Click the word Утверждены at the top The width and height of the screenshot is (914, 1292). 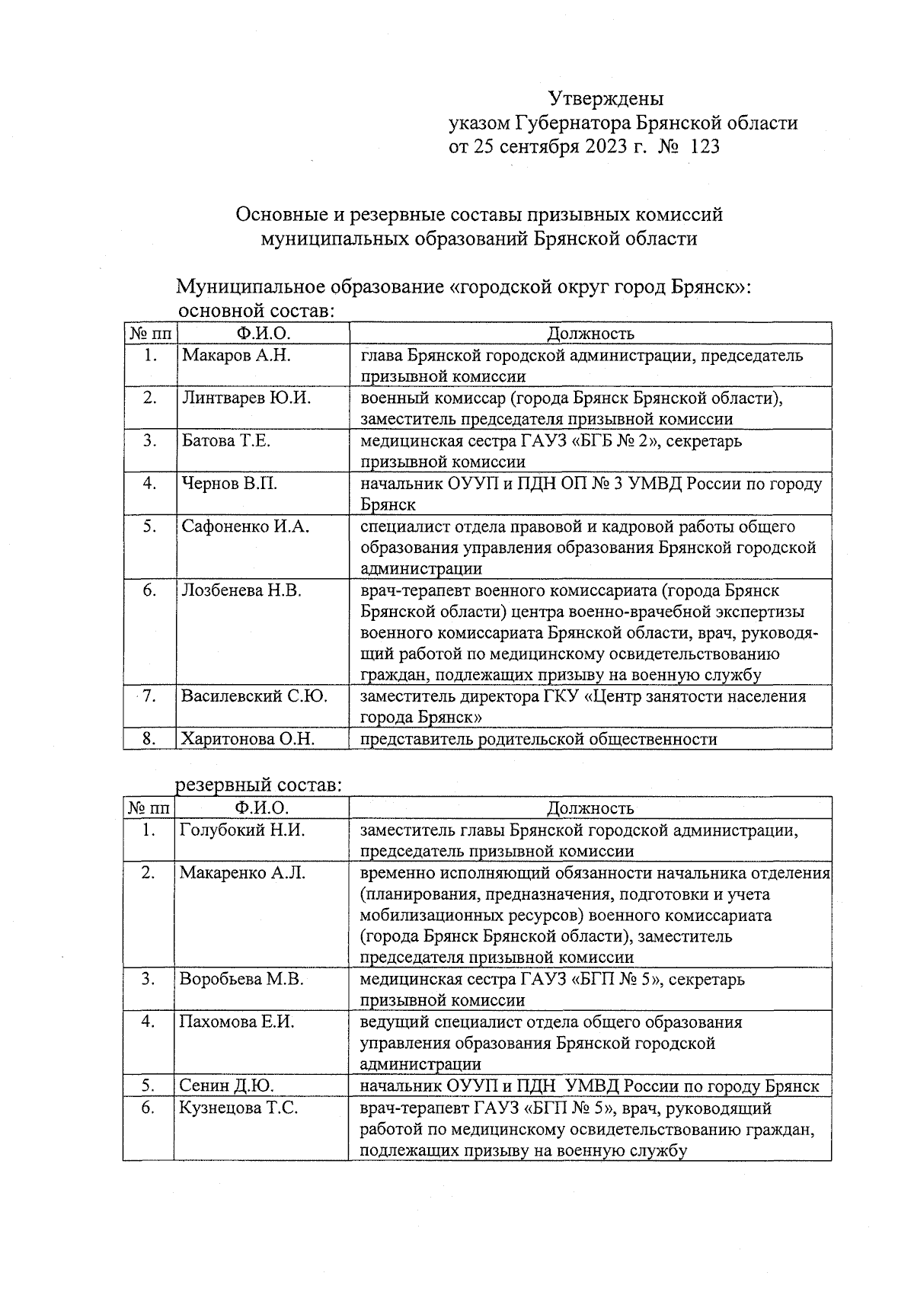tap(606, 99)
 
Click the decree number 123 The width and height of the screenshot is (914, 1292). tap(704, 146)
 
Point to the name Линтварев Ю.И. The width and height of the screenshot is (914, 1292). tap(246, 398)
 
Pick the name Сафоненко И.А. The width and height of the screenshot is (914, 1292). tap(245, 526)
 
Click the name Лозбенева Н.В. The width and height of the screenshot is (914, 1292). tap(241, 590)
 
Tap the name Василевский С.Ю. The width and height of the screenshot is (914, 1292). tap(254, 696)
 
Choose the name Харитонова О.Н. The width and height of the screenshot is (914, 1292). tap(248, 738)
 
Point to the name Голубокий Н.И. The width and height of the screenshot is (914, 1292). tap(241, 830)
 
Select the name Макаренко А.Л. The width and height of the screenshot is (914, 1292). tap(242, 873)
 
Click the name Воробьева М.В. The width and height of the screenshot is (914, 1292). tap(241, 979)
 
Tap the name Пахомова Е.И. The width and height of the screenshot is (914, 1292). tap(237, 1022)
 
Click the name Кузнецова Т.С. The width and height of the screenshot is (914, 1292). tap(238, 1108)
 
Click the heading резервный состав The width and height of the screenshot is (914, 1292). tap(258, 785)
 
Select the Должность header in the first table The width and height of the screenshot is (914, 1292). tap(590, 334)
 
